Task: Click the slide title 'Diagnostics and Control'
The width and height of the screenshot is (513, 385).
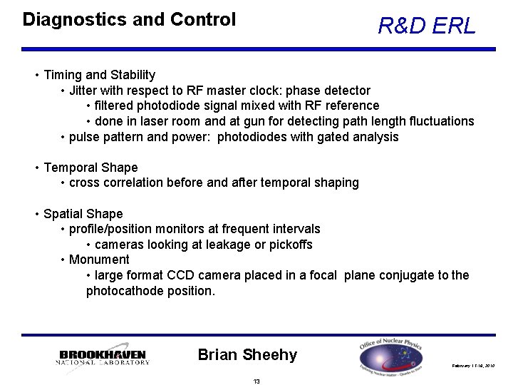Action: point(129,19)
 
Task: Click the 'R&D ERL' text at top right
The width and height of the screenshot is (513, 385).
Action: point(426,26)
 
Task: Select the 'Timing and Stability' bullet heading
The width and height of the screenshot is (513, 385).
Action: point(100,75)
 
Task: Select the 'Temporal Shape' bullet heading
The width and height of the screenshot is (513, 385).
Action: point(90,168)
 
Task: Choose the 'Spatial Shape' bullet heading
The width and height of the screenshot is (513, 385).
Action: point(83,214)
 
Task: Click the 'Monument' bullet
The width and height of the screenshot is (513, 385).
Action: point(99,260)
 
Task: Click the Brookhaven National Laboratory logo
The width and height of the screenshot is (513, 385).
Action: point(103,356)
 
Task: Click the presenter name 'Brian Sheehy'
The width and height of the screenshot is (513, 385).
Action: point(247,354)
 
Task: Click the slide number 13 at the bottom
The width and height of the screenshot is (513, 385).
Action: point(256,381)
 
